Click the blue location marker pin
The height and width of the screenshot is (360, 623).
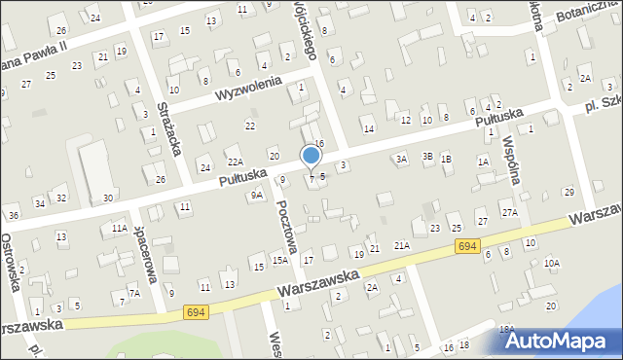tap(311, 157)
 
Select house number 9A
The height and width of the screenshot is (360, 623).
tap(257, 196)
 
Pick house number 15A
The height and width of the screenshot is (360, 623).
tap(278, 261)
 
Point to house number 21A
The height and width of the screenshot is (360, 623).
tap(401, 246)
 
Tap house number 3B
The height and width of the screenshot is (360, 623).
tap(426, 157)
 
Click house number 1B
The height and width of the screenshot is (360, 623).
tap(446, 159)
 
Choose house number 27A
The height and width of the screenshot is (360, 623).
tap(508, 212)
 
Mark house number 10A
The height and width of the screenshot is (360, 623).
tap(552, 263)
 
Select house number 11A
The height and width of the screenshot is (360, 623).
tap(119, 228)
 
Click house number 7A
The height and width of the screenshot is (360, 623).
tap(135, 293)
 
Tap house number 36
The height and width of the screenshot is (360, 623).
tap(14, 215)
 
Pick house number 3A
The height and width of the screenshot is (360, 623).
tap(400, 159)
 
